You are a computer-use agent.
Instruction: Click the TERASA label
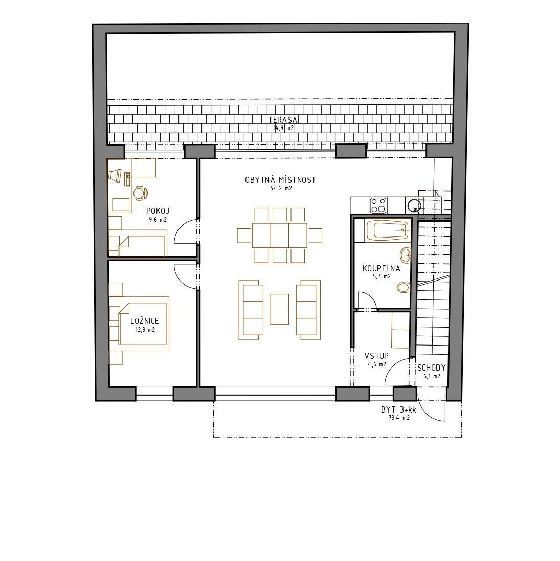[x=283, y=120]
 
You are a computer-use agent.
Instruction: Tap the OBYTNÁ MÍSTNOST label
[x=281, y=180]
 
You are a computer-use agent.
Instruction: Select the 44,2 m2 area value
[x=281, y=188]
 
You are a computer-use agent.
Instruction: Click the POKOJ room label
[x=158, y=211]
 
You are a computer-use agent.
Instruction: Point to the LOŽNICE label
[x=145, y=321]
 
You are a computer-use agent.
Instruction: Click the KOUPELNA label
[x=382, y=268]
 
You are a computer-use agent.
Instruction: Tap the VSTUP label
[x=377, y=356]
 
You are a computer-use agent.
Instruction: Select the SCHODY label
[x=431, y=368]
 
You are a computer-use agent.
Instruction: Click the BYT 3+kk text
[x=398, y=409]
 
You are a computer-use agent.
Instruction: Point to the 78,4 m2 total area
[x=399, y=418]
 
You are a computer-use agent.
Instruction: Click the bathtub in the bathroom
[x=387, y=230]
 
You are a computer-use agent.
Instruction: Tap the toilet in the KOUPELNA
[x=404, y=287]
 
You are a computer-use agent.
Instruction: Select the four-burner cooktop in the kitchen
[x=378, y=205]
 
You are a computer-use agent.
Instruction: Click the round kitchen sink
[x=413, y=205]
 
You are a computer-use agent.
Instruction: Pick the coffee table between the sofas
[x=279, y=309]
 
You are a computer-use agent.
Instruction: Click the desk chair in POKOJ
[x=141, y=193]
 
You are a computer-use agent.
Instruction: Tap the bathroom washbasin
[x=406, y=255]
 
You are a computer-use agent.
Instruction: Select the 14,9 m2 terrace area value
[x=283, y=128]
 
